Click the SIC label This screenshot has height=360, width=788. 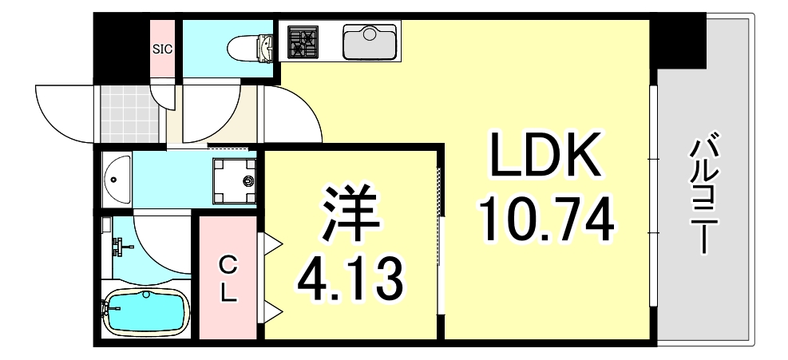tap(163, 48)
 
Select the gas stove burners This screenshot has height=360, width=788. tap(303, 42)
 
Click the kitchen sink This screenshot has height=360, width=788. tap(369, 42)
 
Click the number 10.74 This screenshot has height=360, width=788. tap(546, 219)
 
